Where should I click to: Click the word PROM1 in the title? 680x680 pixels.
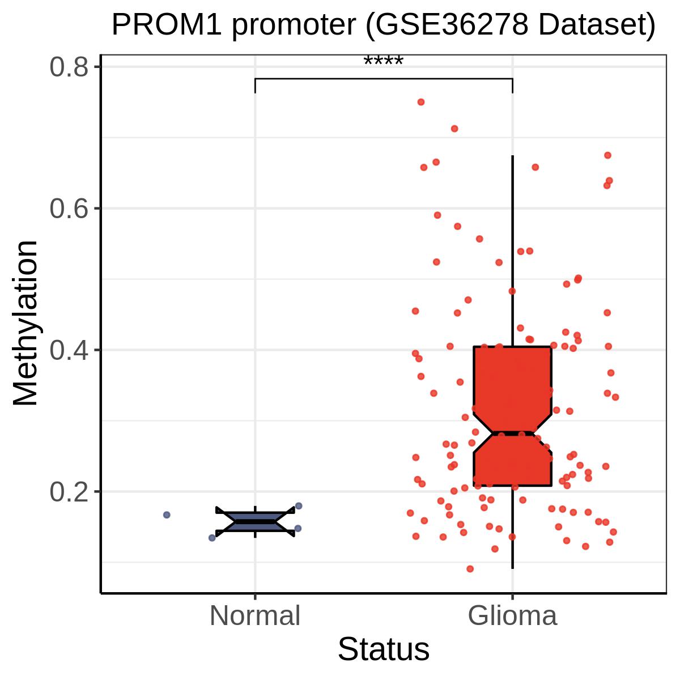167,25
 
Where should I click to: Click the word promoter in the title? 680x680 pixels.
294,26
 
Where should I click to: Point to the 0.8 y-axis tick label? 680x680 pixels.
69,67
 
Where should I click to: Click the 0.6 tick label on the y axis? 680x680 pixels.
69,209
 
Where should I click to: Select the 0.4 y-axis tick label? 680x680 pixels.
69,350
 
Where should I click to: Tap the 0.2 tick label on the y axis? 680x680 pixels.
69,492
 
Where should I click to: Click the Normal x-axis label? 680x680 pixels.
255,615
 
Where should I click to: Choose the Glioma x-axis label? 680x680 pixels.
512,615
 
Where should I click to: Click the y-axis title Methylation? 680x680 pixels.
25,323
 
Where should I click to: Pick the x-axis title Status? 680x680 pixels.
384,649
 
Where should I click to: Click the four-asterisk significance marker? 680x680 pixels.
384,61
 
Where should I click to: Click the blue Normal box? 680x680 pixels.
255,521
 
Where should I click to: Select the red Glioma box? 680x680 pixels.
512,416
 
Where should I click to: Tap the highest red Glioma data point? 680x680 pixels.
421,102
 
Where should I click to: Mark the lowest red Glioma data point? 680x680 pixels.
470,569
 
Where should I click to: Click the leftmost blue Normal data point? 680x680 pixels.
167,515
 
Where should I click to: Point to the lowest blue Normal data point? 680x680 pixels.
212,538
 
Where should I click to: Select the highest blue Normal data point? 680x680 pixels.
299,505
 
